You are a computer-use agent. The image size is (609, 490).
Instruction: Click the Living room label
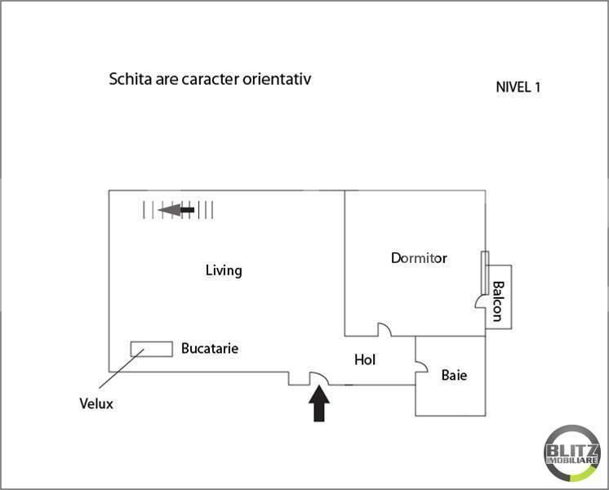pos(224,270)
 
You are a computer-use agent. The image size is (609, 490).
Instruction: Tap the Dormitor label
pos(419,258)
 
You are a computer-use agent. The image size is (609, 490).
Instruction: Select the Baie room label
pos(454,375)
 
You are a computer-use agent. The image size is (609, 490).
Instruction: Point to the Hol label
pos(365,360)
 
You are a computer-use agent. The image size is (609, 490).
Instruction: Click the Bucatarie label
pos(210,348)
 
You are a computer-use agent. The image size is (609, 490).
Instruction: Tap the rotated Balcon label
pos(498,301)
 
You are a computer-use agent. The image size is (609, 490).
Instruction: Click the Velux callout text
pos(96,403)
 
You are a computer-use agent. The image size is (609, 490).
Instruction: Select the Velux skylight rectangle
pos(152,349)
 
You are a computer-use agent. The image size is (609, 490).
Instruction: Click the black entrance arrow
pos(319,403)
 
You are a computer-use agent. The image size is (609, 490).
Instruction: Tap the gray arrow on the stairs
pos(176,210)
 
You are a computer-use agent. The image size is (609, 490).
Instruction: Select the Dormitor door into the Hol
pos(385,329)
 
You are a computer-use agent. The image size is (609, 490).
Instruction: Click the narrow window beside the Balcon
pos(485,273)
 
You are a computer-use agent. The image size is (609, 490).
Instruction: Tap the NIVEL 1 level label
pos(518,87)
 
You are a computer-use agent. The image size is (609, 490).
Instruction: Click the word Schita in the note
pos(130,79)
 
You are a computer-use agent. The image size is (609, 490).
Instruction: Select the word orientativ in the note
pos(277,79)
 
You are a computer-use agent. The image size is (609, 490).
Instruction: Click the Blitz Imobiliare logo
pos(571,453)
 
